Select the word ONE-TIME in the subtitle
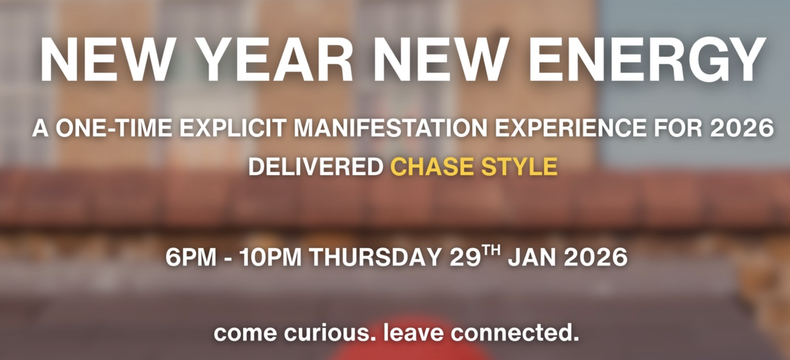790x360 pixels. pyautogui.click(x=114, y=128)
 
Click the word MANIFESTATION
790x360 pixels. pyautogui.click(x=391, y=128)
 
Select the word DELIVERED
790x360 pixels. pyautogui.click(x=315, y=167)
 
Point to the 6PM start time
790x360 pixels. pyautogui.click(x=191, y=257)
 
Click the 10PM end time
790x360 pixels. pyautogui.click(x=270, y=257)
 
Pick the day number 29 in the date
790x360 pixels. pyautogui.click(x=465, y=257)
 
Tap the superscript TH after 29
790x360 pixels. pyautogui.click(x=491, y=250)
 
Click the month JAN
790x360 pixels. pyautogui.click(x=531, y=257)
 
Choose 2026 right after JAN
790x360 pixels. pyautogui.click(x=596, y=257)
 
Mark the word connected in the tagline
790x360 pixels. pyautogui.click(x=515, y=333)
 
